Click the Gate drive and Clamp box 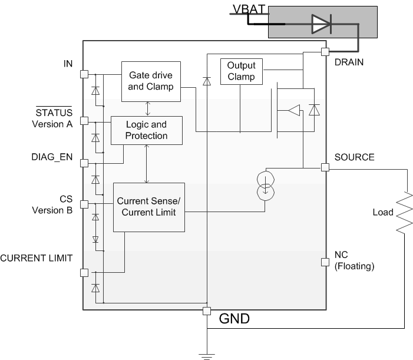[x=150, y=81]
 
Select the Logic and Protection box [x=147, y=130]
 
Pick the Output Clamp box [x=241, y=71]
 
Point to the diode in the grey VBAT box [x=321, y=24]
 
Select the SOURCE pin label [x=353, y=157]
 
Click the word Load [x=383, y=212]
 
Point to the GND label [x=234, y=319]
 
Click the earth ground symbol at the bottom [x=207, y=355]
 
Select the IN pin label [x=68, y=64]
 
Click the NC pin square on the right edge [x=325, y=262]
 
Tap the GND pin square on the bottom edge [x=207, y=311]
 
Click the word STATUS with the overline [x=54, y=113]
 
